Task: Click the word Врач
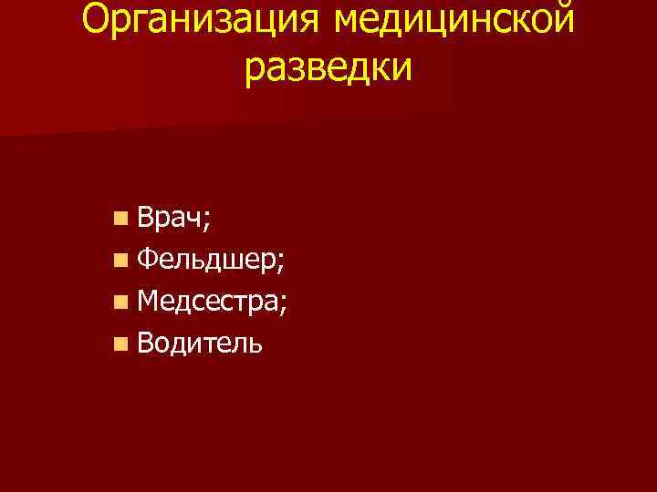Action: (x=170, y=218)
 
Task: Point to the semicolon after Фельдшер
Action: (x=280, y=264)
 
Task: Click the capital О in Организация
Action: (x=97, y=18)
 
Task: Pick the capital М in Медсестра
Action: (x=149, y=301)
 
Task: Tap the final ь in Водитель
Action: (x=256, y=344)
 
